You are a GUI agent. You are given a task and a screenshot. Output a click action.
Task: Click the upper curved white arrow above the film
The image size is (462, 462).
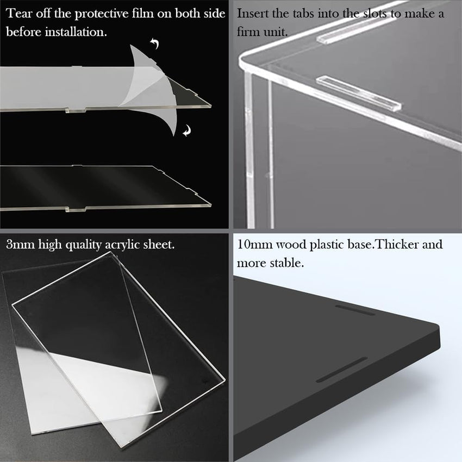155,43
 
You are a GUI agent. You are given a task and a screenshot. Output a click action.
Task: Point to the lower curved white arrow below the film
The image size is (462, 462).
187,130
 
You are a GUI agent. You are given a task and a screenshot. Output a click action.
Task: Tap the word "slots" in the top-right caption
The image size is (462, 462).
374,14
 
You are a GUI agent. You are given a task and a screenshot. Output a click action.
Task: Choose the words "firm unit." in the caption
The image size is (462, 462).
262,32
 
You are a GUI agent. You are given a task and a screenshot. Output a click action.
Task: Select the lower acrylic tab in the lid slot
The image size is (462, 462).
359,93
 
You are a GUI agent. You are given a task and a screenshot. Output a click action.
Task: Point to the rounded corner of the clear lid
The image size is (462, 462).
243,60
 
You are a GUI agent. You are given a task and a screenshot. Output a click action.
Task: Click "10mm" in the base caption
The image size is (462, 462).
254,245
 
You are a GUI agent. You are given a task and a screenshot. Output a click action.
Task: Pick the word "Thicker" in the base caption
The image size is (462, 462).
397,245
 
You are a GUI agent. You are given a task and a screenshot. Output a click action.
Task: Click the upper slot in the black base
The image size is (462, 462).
355,310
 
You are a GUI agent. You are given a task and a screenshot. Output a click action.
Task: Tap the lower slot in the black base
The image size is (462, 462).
342,370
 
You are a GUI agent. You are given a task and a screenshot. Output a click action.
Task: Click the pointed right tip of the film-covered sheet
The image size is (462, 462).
210,105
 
